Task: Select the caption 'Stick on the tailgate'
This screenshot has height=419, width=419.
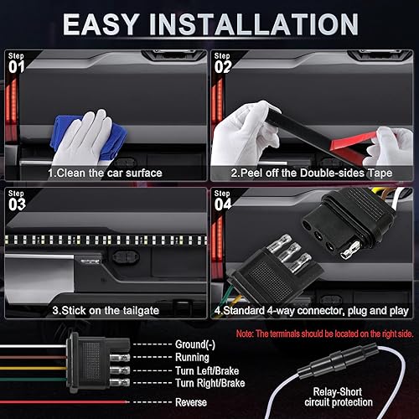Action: (x=105, y=309)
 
